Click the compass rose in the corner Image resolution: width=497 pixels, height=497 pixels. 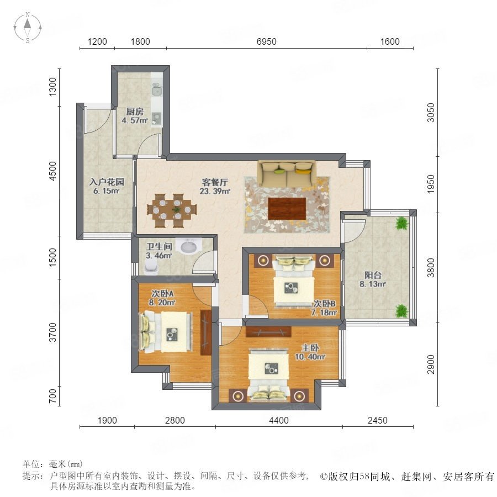pyautogui.click(x=28, y=28)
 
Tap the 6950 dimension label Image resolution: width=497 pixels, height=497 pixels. pyautogui.click(x=267, y=41)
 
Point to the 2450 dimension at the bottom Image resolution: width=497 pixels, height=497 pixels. pyautogui.click(x=378, y=420)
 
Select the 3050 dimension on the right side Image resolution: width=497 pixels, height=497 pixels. pyautogui.click(x=431, y=113)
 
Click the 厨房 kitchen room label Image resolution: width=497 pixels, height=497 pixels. pyautogui.click(x=135, y=112)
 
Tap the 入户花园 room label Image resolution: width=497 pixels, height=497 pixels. pyautogui.click(x=107, y=182)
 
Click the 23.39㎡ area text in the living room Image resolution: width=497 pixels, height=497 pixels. pyautogui.click(x=215, y=191)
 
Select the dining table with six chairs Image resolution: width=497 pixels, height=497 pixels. pyautogui.click(x=172, y=210)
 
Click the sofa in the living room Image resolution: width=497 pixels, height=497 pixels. pyautogui.click(x=287, y=174)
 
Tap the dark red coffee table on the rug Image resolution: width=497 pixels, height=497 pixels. pyautogui.click(x=287, y=209)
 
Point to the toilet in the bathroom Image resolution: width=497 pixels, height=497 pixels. pyautogui.click(x=151, y=266)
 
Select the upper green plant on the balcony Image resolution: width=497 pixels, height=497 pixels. pyautogui.click(x=402, y=223)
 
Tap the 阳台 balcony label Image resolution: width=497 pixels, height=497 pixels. pyautogui.click(x=373, y=275)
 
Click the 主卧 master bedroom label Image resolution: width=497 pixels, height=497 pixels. pyautogui.click(x=310, y=348)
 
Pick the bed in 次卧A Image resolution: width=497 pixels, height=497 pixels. pyautogui.click(x=166, y=332)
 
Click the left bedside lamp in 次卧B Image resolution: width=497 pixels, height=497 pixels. pyautogui.click(x=263, y=261)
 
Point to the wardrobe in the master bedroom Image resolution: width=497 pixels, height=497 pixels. pyautogui.click(x=268, y=331)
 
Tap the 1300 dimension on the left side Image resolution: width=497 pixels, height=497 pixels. pyautogui.click(x=53, y=87)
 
